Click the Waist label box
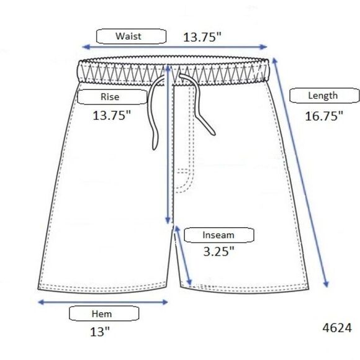tap(131, 36)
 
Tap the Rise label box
tap(112, 97)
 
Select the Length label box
tap(325, 96)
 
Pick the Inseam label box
tap(219, 235)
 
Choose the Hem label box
tap(104, 313)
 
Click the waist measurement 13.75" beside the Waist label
tap(202, 37)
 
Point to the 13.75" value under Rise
tap(112, 115)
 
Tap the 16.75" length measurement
tap(324, 116)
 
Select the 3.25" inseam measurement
tap(219, 251)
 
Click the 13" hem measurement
tap(100, 332)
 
